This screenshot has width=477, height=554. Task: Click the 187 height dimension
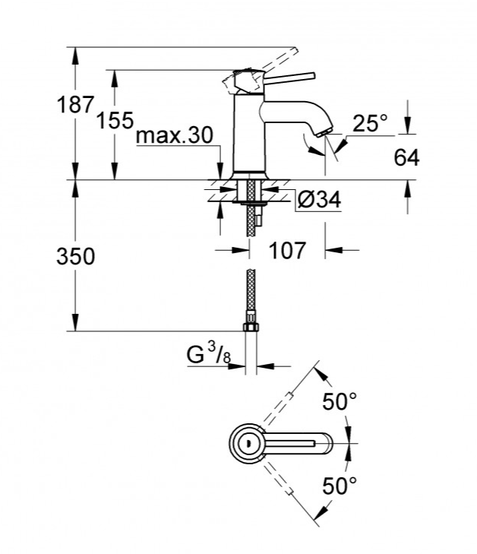pos(75,105)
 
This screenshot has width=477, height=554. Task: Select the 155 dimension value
pos(115,120)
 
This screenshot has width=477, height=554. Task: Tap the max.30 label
pos(175,135)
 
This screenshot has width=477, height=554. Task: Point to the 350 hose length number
pos(75,256)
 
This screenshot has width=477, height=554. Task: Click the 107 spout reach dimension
pos(286,250)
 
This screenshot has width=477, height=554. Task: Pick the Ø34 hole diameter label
pos(319,200)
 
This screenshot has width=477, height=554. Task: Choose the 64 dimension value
pos(406,157)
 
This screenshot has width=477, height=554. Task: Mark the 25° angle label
pos(369,122)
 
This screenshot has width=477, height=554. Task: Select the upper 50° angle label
pos(340,401)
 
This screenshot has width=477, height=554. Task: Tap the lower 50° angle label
pos(340,486)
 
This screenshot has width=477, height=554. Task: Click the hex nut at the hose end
pos(251,326)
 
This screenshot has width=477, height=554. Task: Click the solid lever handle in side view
pos(289,78)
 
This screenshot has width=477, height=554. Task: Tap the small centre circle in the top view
pos(247,443)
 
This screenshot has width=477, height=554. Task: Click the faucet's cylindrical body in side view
pos(249,134)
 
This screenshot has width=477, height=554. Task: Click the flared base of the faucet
pos(249,176)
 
